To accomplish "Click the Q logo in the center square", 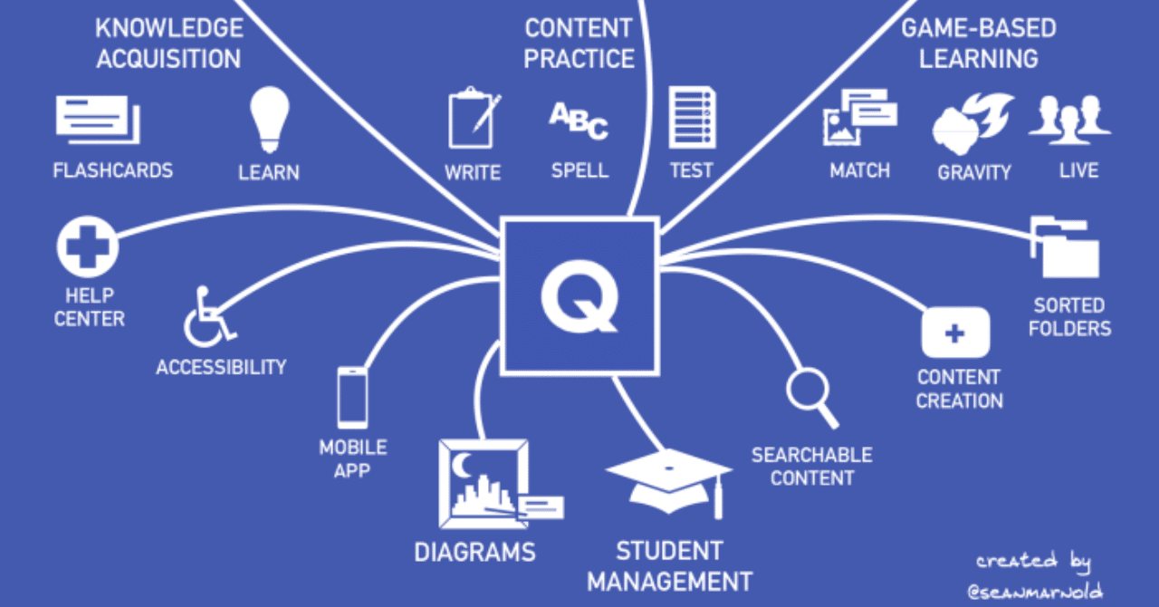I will (x=579, y=295).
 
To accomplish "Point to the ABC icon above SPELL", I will (x=579, y=121).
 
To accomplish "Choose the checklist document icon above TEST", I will (x=692, y=119).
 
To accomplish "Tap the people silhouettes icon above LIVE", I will (x=1070, y=121).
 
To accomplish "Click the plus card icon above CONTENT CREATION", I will (x=954, y=333).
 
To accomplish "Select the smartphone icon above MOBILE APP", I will (x=352, y=397).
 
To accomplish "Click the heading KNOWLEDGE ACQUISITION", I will (x=168, y=43).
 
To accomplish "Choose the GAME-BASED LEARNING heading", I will (x=978, y=43).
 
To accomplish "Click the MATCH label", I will (x=859, y=170).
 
